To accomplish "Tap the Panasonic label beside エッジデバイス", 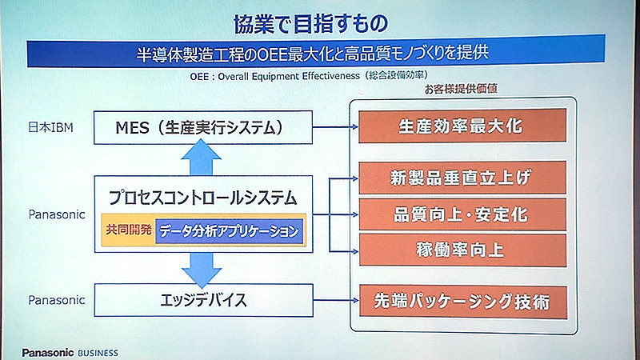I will pos(55,301).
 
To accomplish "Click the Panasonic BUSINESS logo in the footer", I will pos(69,353).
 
